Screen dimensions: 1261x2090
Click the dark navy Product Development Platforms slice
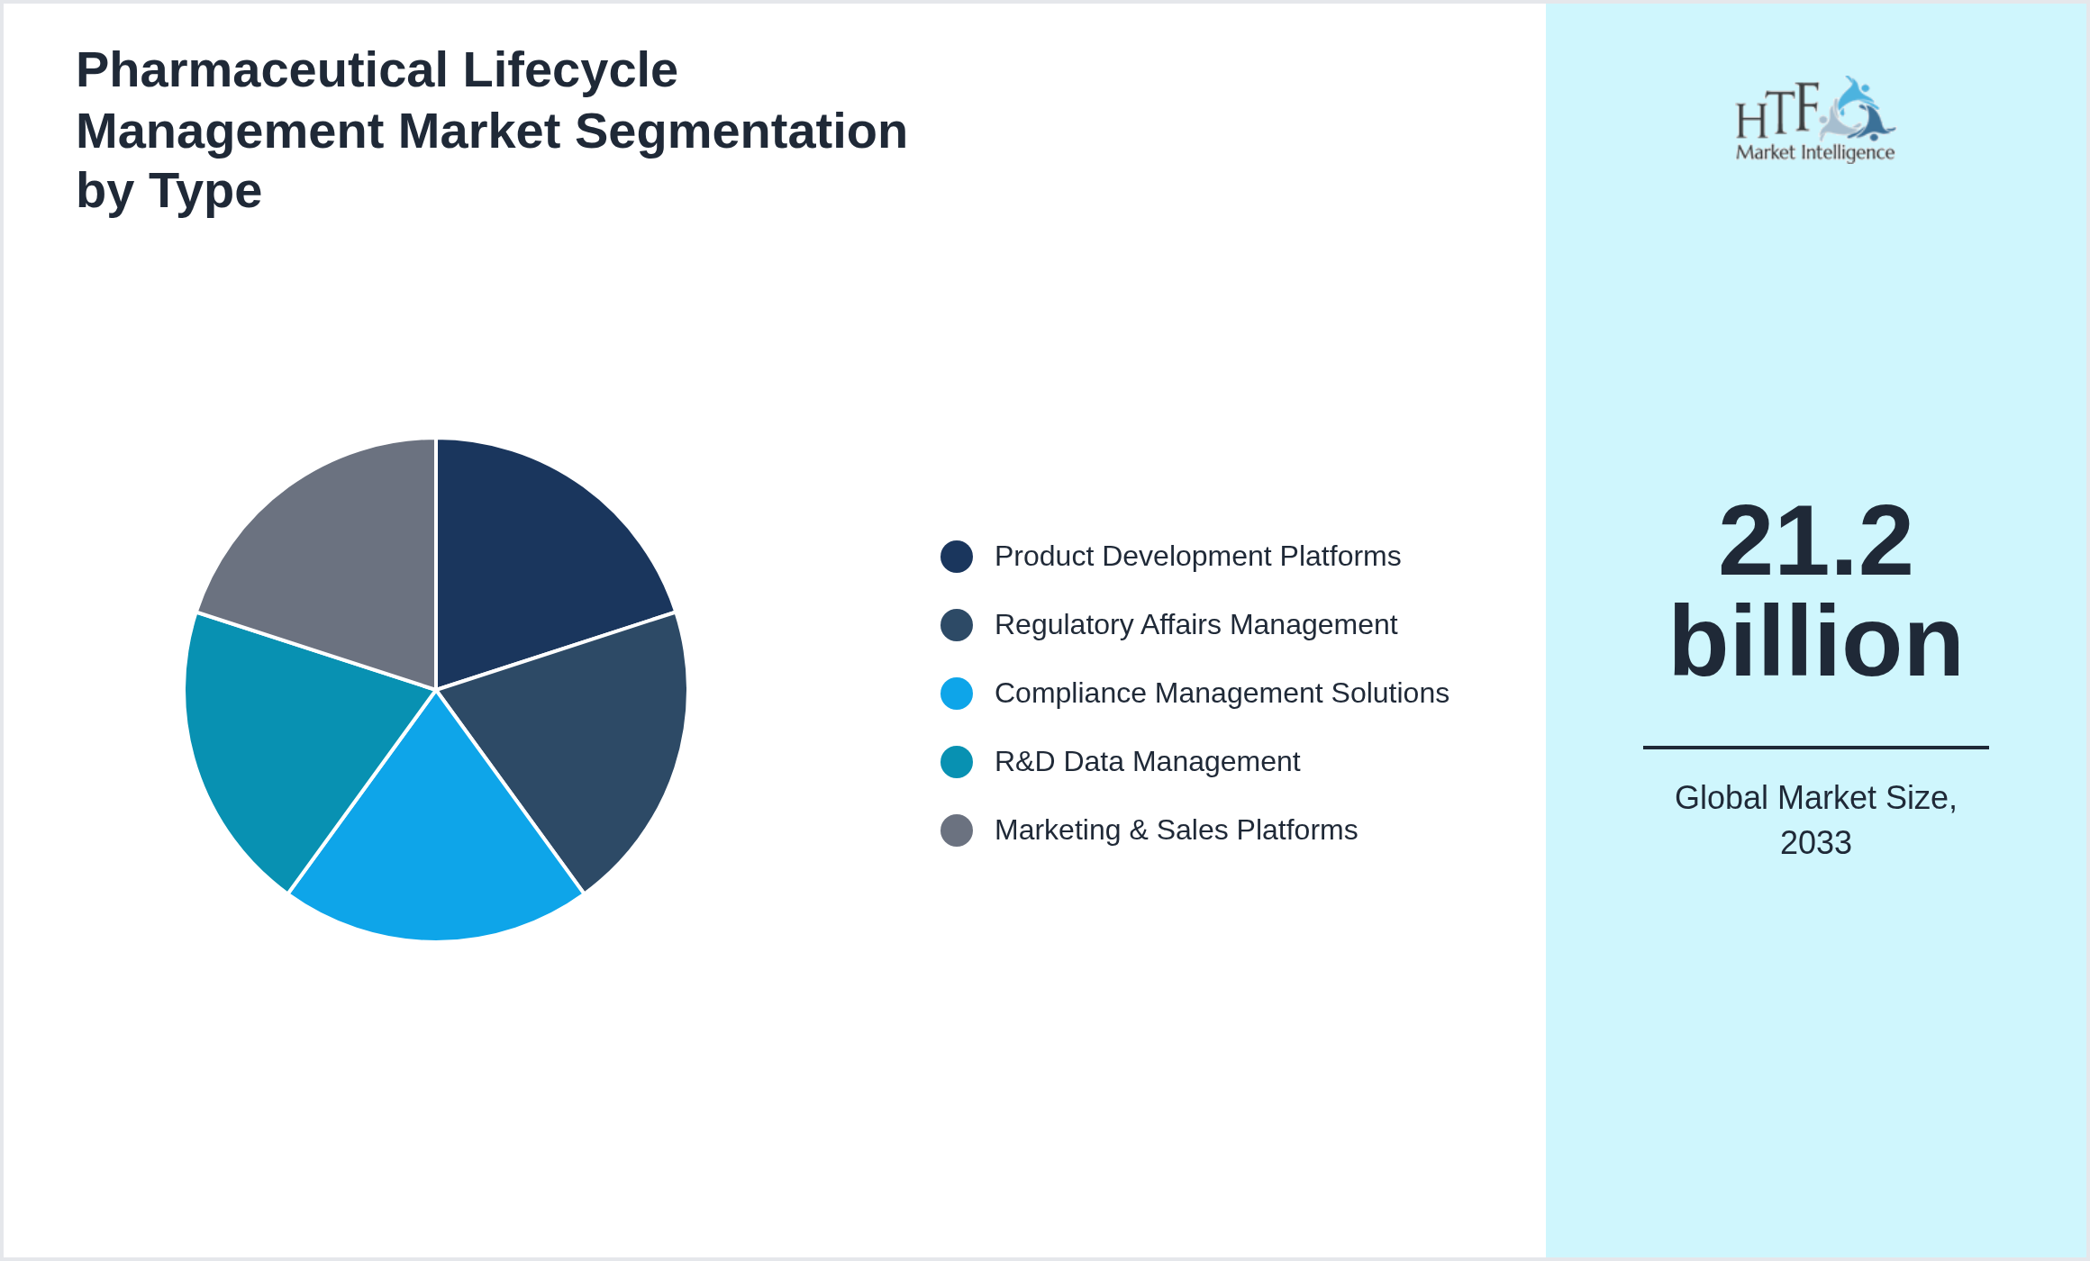click(532, 567)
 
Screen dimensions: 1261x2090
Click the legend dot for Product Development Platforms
click(957, 557)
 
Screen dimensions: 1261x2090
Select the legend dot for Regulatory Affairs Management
click(957, 625)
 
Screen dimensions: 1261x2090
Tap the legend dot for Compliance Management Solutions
click(957, 694)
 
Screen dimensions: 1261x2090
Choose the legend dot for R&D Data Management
click(957, 762)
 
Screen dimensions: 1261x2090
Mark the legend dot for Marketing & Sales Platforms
click(957, 830)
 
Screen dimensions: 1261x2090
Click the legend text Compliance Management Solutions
click(1222, 694)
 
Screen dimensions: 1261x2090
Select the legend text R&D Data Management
click(1147, 762)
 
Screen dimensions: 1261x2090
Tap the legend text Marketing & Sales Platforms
click(1176, 830)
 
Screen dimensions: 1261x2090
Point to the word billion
click(1815, 641)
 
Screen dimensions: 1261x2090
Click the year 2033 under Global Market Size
click(1815, 843)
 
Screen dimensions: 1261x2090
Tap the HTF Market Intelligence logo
click(1815, 120)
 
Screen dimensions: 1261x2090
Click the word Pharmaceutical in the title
click(261, 70)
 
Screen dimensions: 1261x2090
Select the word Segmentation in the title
click(741, 132)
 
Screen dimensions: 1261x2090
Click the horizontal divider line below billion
click(1815, 747)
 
